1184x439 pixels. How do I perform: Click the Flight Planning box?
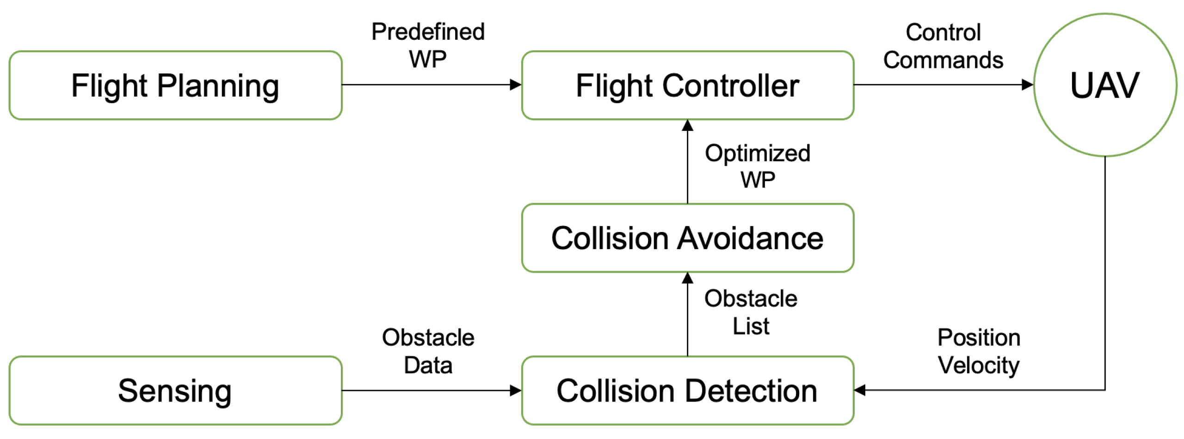tap(175, 85)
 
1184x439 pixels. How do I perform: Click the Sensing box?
tap(175, 390)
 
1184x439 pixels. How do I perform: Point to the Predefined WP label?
tap(427, 45)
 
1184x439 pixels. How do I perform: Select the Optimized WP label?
tap(757, 166)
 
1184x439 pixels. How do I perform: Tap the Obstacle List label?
tap(750, 312)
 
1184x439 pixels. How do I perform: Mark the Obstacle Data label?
tap(427, 351)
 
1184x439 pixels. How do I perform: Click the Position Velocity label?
tap(978, 351)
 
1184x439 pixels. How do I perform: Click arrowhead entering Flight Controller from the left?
tap(515, 85)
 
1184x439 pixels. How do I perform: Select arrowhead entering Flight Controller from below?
tap(687, 126)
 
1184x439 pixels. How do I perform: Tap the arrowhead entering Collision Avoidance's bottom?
tap(687, 278)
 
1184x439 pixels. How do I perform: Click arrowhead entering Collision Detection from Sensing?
tap(515, 390)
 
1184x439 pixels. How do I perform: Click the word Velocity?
tap(978, 365)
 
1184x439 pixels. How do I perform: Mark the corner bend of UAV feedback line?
tap(1104, 390)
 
